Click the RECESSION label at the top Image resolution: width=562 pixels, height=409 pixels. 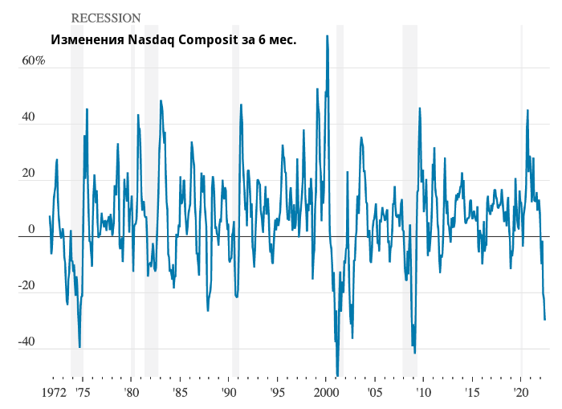pos(106,18)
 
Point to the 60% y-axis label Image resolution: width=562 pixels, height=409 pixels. pos(33,61)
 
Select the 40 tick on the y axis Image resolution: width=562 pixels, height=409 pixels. pos(28,117)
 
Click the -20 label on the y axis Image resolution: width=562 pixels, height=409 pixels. pos(26,286)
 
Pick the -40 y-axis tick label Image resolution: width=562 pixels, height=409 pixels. pos(26,342)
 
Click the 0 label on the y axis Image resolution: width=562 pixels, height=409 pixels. pos(32,230)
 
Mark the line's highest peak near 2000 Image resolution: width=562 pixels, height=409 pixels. pos(327,36)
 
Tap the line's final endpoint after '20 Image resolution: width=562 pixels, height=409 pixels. pos(545,320)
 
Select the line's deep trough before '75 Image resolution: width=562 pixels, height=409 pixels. pos(79,346)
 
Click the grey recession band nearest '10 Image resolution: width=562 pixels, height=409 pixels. pos(409,201)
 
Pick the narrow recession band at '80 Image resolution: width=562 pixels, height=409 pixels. pos(132,201)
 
